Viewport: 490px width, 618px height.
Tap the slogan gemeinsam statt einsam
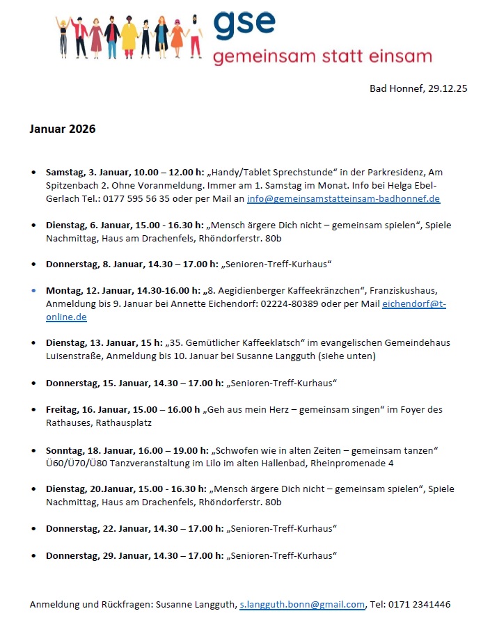point(322,56)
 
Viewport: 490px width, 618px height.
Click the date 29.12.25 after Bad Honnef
point(446,88)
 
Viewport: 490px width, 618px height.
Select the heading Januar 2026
point(62,129)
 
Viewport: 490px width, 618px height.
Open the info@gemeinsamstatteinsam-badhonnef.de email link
point(343,198)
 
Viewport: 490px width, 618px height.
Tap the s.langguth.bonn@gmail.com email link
point(302,605)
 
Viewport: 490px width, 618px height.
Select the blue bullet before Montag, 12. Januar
point(33,290)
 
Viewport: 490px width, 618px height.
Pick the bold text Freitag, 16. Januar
point(84,409)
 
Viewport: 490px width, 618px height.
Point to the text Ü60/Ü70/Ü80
point(76,463)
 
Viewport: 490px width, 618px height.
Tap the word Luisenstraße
point(74,356)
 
